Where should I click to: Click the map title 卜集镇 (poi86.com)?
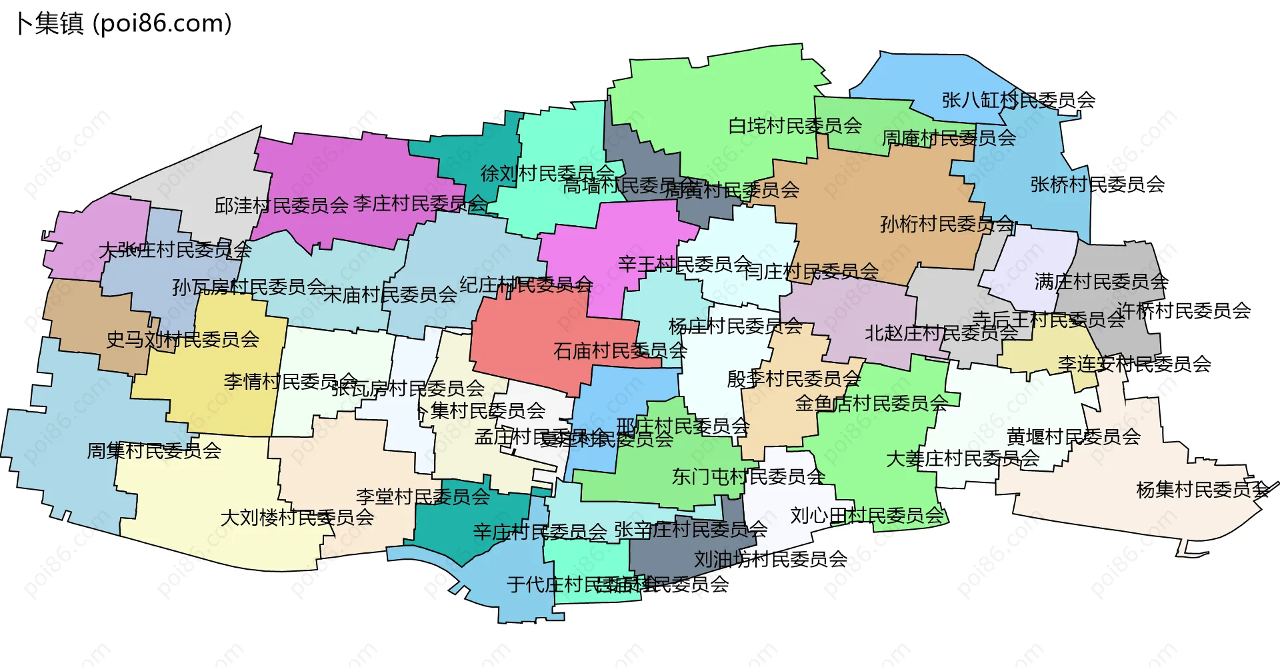point(124,23)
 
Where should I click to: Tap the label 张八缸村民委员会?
point(1018,100)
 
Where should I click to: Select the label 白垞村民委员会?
point(795,125)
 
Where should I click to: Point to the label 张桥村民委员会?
point(1097,184)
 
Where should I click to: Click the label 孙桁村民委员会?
point(947,224)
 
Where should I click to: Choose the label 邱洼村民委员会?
point(281,205)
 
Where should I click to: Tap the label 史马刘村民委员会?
point(183,339)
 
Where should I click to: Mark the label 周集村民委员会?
point(154,450)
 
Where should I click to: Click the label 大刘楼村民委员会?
point(297,517)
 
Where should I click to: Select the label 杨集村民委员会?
point(1203,490)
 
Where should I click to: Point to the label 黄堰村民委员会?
point(1073,436)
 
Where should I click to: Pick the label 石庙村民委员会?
point(620,350)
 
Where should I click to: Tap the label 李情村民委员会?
point(290,381)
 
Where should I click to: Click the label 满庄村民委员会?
point(1101,281)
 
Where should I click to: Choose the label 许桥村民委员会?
point(1183,310)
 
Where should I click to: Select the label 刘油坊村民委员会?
point(770,559)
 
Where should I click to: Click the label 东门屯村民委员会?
point(748,476)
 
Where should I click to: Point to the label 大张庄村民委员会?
point(175,250)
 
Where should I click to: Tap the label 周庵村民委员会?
point(949,138)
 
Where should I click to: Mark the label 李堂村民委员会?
point(423,496)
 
